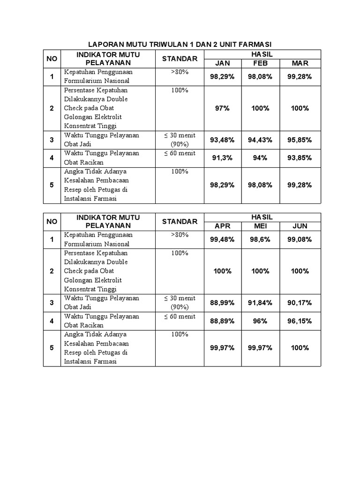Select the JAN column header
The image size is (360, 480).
pos(222,63)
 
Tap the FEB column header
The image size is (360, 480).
pos(261,63)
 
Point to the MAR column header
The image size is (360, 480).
pos(300,63)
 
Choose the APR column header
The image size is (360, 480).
pos(222,226)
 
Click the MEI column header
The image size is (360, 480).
pos(261,226)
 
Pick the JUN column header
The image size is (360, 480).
pos(300,226)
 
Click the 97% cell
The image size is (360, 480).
pos(222,108)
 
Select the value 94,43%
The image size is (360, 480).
pos(261,140)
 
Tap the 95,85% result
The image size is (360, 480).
pos(300,140)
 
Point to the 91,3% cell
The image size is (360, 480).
pos(222,158)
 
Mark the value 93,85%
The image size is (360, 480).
pos(300,158)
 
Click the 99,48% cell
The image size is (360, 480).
pos(222,240)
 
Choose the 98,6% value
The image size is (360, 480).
pos(261,240)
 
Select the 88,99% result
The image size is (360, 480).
pos(222,303)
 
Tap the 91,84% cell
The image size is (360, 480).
pos(261,303)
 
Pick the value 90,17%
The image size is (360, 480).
pos(300,303)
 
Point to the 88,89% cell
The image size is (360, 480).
pos(222,321)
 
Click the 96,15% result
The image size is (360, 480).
pos(300,321)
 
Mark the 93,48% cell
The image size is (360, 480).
pos(222,140)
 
